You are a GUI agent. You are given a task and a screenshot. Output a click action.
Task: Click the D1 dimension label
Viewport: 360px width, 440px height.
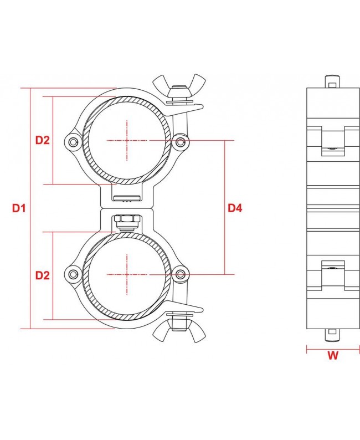19,208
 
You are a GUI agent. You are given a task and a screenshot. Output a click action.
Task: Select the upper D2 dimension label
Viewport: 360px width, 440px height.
43,140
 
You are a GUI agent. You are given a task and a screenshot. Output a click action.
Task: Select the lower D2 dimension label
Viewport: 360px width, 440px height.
43,275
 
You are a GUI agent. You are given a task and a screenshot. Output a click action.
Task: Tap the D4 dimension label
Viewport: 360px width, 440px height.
235,208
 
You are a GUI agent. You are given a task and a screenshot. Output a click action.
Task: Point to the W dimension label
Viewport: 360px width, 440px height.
332,356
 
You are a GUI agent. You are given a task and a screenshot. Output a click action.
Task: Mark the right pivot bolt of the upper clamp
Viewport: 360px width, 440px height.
180,142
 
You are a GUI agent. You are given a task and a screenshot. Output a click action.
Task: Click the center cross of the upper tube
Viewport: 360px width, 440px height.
127,141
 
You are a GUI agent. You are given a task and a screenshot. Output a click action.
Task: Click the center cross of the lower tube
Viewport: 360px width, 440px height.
127,274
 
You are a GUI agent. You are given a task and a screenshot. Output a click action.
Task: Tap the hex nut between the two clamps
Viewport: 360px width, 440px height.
126,221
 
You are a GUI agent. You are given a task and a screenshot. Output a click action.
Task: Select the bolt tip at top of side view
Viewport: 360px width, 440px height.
332,81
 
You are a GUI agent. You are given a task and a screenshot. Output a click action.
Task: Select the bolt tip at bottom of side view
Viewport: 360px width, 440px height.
332,335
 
